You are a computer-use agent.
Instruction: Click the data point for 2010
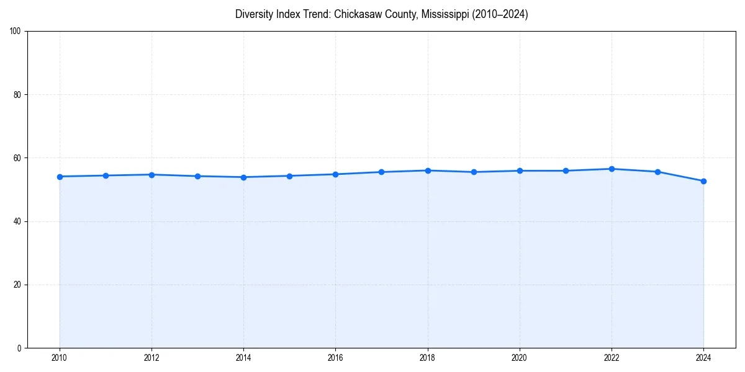60,177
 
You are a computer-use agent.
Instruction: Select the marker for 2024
703,181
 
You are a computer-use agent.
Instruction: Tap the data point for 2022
612,169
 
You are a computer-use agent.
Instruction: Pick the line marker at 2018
428,170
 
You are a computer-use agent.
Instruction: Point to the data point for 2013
197,176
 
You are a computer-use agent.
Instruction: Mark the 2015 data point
289,176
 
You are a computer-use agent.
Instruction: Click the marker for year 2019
474,172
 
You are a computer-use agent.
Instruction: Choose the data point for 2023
657,172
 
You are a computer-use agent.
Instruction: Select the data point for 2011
106,175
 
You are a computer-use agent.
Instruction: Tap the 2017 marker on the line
381,172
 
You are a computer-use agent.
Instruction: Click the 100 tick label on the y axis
16,32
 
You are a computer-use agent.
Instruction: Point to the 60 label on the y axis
17,158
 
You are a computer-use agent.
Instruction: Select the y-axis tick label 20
17,285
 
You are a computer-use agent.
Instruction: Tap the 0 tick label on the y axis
19,348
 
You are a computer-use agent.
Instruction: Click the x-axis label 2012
151,358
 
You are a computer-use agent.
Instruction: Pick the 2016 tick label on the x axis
335,358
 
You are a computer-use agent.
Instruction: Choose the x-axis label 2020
520,358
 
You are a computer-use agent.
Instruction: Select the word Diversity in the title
255,14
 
